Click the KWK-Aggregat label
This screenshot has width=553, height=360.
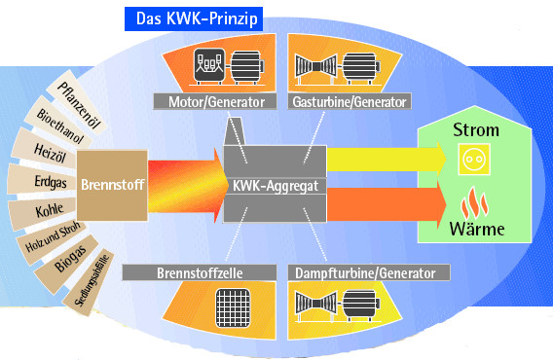point(275,183)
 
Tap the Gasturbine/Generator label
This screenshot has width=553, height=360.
point(350,101)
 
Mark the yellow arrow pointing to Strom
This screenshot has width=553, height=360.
point(386,156)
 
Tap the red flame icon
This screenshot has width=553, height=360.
point(471,203)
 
